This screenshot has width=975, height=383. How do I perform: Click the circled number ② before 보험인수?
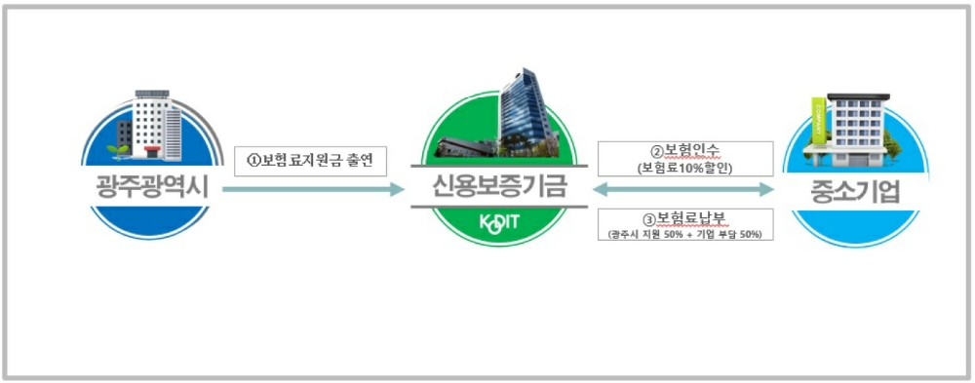click(657, 152)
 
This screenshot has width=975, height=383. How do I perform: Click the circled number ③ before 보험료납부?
click(648, 219)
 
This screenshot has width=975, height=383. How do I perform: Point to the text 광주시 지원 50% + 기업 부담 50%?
click(684, 234)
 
